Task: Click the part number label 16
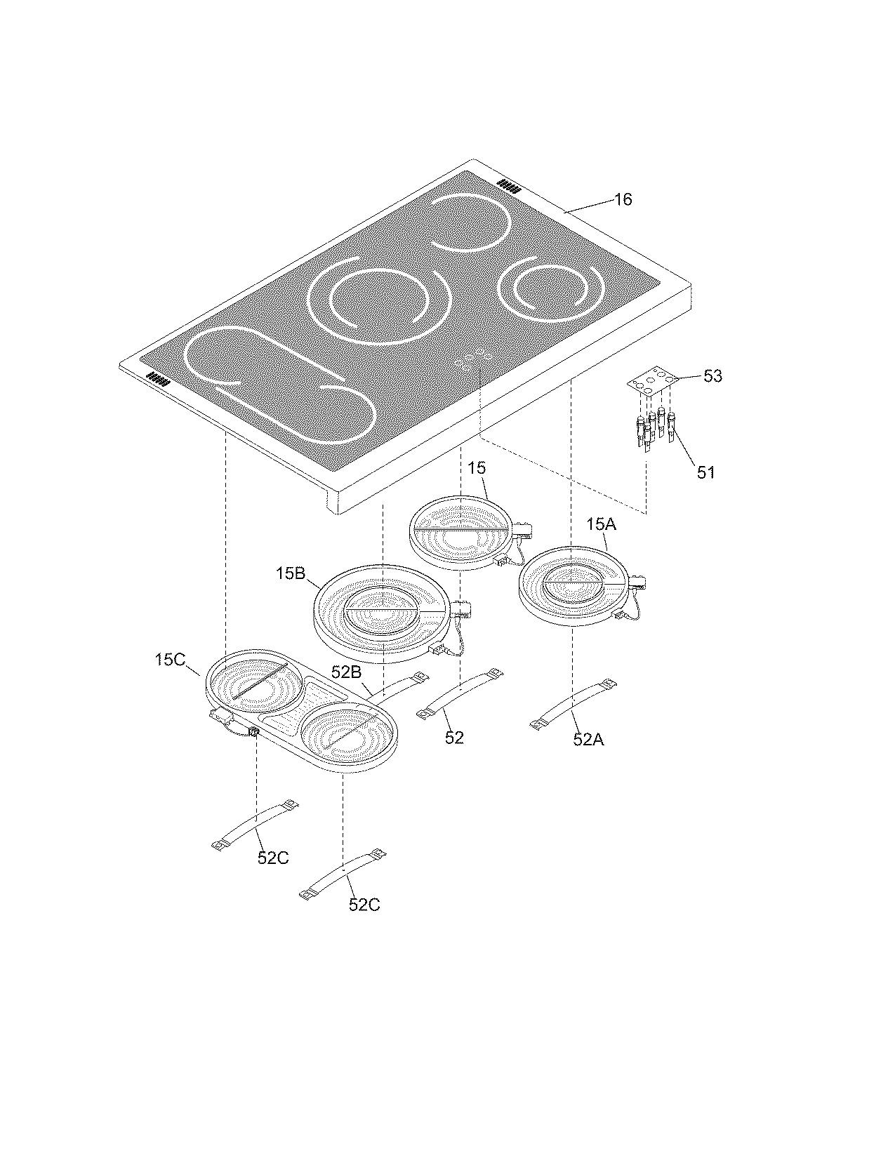point(623,200)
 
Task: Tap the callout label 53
point(712,376)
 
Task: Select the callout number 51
point(706,472)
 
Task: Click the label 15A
point(601,525)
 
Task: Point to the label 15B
point(290,574)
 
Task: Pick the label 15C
point(171,660)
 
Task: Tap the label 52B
point(346,672)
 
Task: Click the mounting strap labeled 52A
point(574,703)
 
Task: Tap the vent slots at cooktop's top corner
point(508,186)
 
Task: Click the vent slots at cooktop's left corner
point(158,381)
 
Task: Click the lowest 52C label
point(364,905)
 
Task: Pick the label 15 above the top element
point(477,468)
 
